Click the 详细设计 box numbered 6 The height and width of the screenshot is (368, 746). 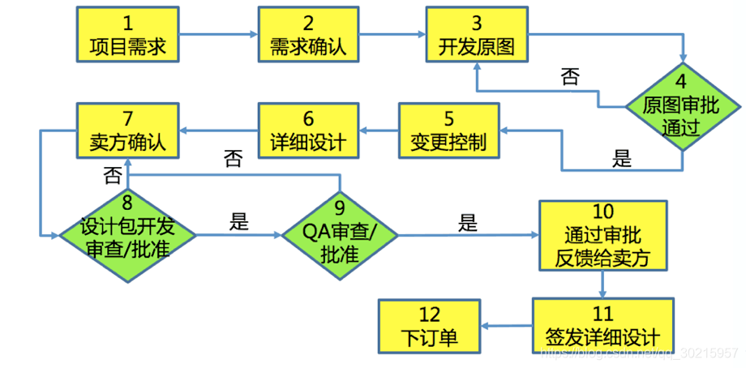tap(308, 130)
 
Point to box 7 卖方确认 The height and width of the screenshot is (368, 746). tap(127, 130)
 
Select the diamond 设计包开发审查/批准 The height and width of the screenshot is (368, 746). tap(127, 235)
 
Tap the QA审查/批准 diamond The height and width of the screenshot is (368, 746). tap(340, 235)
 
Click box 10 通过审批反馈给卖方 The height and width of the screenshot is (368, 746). tap(602, 235)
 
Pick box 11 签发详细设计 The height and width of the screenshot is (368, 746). tap(602, 324)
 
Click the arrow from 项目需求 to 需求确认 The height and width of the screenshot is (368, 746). tap(217, 34)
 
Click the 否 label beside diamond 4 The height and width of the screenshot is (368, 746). tap(570, 77)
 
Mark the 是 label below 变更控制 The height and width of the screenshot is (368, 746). tap(622, 158)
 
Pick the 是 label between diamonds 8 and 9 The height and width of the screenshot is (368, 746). tap(239, 221)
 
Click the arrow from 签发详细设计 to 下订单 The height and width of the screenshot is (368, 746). tap(508, 324)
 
